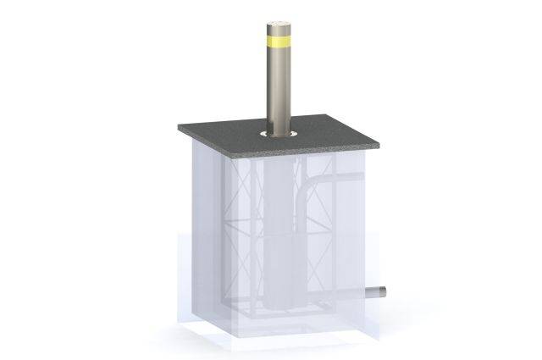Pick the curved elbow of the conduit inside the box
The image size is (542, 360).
316,188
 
